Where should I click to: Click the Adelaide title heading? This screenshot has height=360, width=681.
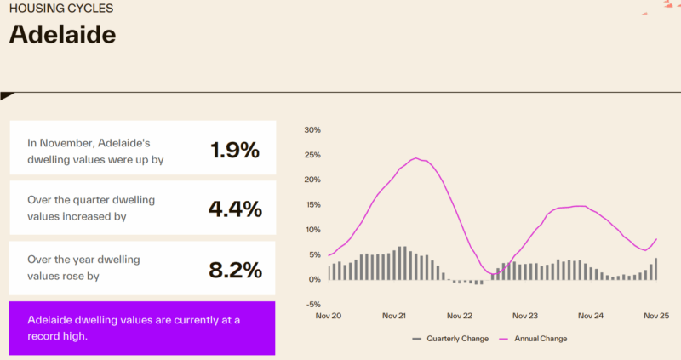62,35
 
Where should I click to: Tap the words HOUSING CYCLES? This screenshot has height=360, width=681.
60,9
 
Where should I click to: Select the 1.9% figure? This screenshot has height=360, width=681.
234,151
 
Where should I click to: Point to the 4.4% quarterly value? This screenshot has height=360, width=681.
234,209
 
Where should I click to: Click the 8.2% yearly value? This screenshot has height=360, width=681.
234,270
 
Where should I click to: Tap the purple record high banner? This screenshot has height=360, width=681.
142,328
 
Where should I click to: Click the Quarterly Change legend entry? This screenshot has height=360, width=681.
456,339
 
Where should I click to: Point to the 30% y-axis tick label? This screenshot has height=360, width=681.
312,130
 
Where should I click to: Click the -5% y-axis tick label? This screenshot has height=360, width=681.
312,305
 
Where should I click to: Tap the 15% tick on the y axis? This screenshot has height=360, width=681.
312,205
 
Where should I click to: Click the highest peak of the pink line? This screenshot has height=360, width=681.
416,158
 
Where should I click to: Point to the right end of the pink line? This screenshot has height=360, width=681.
657,239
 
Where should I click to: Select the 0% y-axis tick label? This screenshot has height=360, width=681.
313,279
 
